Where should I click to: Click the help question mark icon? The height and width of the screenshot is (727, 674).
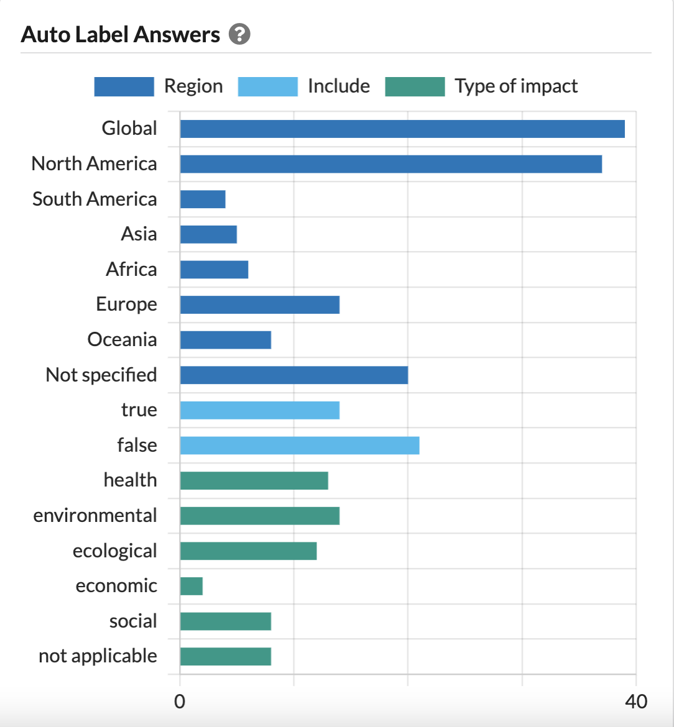coord(239,35)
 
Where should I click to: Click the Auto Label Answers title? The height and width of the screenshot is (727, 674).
coord(121,35)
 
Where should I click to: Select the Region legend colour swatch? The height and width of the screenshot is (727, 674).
coord(124,86)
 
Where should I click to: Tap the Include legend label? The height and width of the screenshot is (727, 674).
coord(338,86)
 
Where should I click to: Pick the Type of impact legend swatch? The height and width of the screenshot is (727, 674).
coord(415,86)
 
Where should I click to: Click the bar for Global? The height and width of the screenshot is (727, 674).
coord(402,129)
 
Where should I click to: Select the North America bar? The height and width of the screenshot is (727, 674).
coord(390,164)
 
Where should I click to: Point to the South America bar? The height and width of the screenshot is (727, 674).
coord(203,199)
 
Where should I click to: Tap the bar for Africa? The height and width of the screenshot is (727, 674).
coord(214,270)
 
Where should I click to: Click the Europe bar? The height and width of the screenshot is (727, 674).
coord(259,304)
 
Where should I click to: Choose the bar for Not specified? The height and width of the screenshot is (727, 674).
coord(293,375)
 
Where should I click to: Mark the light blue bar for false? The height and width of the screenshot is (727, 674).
coord(299,446)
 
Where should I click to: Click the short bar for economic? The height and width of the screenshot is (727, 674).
coord(192,586)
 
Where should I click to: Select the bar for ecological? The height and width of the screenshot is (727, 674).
coord(248,551)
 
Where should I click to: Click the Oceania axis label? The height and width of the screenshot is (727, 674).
coord(122,340)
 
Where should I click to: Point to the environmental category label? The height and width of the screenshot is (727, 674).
coord(95,516)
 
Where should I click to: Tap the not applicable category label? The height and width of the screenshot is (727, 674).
coord(98,656)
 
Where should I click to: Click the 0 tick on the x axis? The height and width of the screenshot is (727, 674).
coord(180,702)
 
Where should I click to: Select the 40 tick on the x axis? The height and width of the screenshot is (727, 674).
coord(635,702)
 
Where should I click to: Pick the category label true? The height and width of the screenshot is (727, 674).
coord(139,410)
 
